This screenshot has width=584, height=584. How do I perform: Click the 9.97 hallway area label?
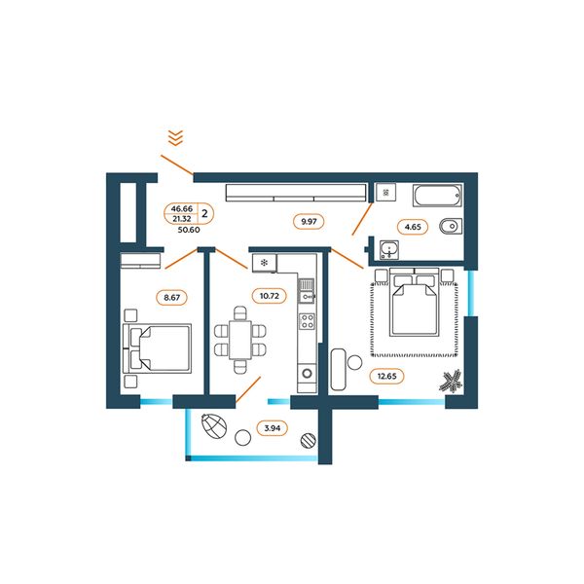click(x=309, y=222)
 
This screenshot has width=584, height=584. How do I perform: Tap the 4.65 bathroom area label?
click(x=413, y=227)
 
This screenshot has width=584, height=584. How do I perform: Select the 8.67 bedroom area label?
click(x=171, y=298)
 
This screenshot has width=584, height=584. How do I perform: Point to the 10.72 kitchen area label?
click(x=269, y=296)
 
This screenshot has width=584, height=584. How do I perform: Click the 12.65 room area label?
click(x=386, y=376)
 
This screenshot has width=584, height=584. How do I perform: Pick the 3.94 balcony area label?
click(x=272, y=428)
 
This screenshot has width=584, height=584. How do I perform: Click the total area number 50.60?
click(x=189, y=230)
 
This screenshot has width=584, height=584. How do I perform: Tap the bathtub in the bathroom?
click(x=437, y=196)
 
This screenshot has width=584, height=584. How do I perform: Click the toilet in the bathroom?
click(x=451, y=227)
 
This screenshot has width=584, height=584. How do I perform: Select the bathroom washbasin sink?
click(x=389, y=250)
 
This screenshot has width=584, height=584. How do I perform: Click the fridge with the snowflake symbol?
click(x=265, y=264)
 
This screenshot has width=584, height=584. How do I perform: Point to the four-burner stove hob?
click(x=308, y=321)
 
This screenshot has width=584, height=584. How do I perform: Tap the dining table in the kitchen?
click(x=239, y=340)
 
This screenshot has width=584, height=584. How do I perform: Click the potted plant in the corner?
click(x=451, y=381)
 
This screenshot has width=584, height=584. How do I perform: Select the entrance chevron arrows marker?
click(x=175, y=138)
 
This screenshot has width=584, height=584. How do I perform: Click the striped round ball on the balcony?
click(x=308, y=440)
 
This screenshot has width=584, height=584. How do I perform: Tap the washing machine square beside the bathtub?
click(x=385, y=193)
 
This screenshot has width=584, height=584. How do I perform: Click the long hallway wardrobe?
click(x=296, y=193)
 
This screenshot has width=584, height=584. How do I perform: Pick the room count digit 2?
click(x=204, y=214)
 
